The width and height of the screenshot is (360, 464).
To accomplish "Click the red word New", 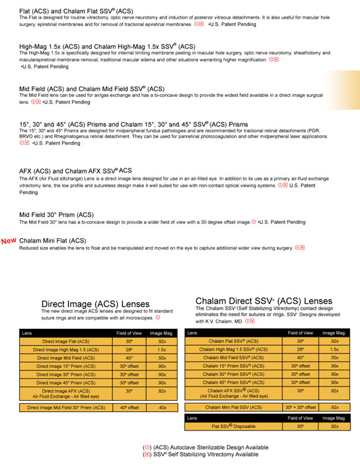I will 9,241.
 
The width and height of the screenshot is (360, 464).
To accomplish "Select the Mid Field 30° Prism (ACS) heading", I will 56,215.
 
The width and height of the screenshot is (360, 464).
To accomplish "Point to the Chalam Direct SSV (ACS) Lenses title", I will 263,301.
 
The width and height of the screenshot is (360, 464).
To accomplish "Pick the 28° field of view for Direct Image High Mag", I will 130,350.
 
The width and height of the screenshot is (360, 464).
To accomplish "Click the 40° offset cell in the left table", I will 130,408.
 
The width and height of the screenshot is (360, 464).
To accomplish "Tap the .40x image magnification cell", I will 162,408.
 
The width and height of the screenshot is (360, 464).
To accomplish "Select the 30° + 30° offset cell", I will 300,407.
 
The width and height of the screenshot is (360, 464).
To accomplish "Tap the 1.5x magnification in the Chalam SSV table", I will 335,350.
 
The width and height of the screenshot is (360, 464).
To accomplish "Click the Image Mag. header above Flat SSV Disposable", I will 335,419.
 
